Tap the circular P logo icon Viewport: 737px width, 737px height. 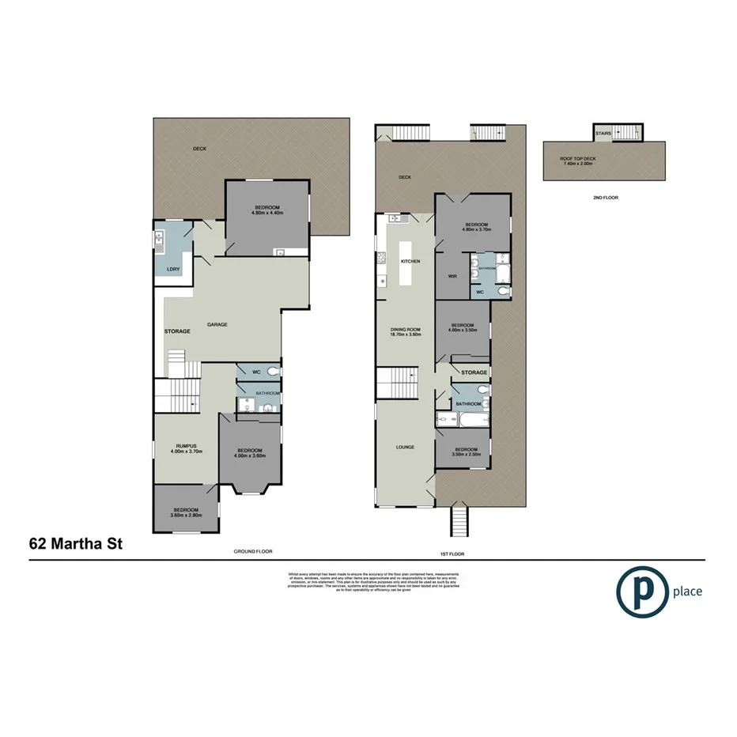[640, 591]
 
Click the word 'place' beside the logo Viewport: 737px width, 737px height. [686, 591]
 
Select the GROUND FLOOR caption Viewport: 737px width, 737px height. [252, 550]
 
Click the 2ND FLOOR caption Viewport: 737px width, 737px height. [604, 197]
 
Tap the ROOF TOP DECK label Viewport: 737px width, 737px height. [578, 159]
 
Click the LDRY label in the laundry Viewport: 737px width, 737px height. [172, 270]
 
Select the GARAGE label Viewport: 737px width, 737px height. [217, 325]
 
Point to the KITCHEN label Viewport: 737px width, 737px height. [410, 261]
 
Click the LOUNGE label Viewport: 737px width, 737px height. [406, 448]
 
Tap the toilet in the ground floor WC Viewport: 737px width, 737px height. [272, 371]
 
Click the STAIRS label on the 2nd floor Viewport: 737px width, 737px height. [603, 134]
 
